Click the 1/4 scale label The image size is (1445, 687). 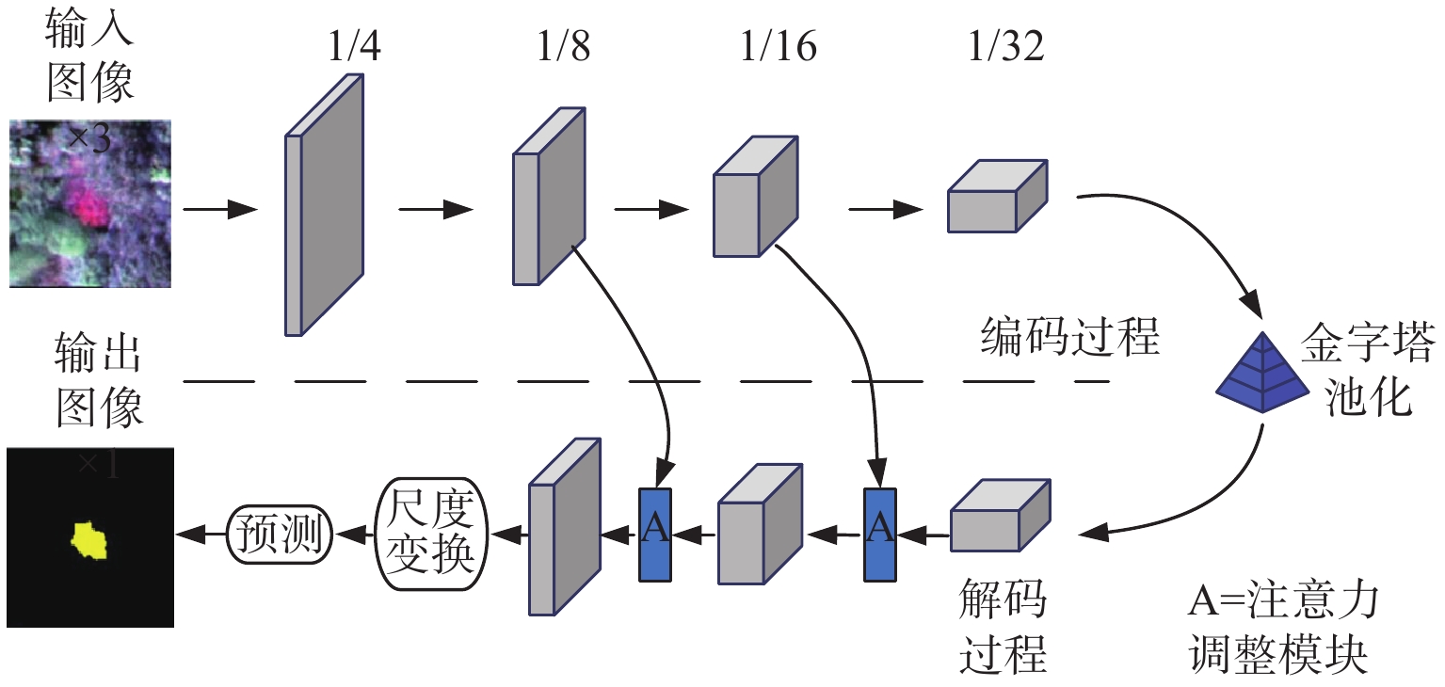(x=354, y=46)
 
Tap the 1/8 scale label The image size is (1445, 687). (x=563, y=46)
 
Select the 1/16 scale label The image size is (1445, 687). (x=779, y=46)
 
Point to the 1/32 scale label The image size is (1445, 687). (x=1005, y=46)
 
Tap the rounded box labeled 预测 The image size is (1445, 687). (x=280, y=535)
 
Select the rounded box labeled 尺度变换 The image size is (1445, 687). (x=431, y=535)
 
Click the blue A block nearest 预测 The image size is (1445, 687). (x=655, y=535)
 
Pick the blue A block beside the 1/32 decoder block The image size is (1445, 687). (x=880, y=535)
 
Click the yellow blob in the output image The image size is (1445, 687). (x=89, y=540)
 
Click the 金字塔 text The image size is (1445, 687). (x=1368, y=343)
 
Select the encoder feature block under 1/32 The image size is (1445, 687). (x=997, y=196)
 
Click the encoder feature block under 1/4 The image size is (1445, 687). (x=325, y=205)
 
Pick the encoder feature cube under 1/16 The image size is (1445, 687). (x=755, y=197)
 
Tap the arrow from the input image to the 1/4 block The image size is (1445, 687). (x=220, y=209)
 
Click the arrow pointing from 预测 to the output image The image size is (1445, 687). (x=201, y=535)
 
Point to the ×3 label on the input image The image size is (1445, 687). (x=89, y=138)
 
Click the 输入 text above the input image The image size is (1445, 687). (x=89, y=28)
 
